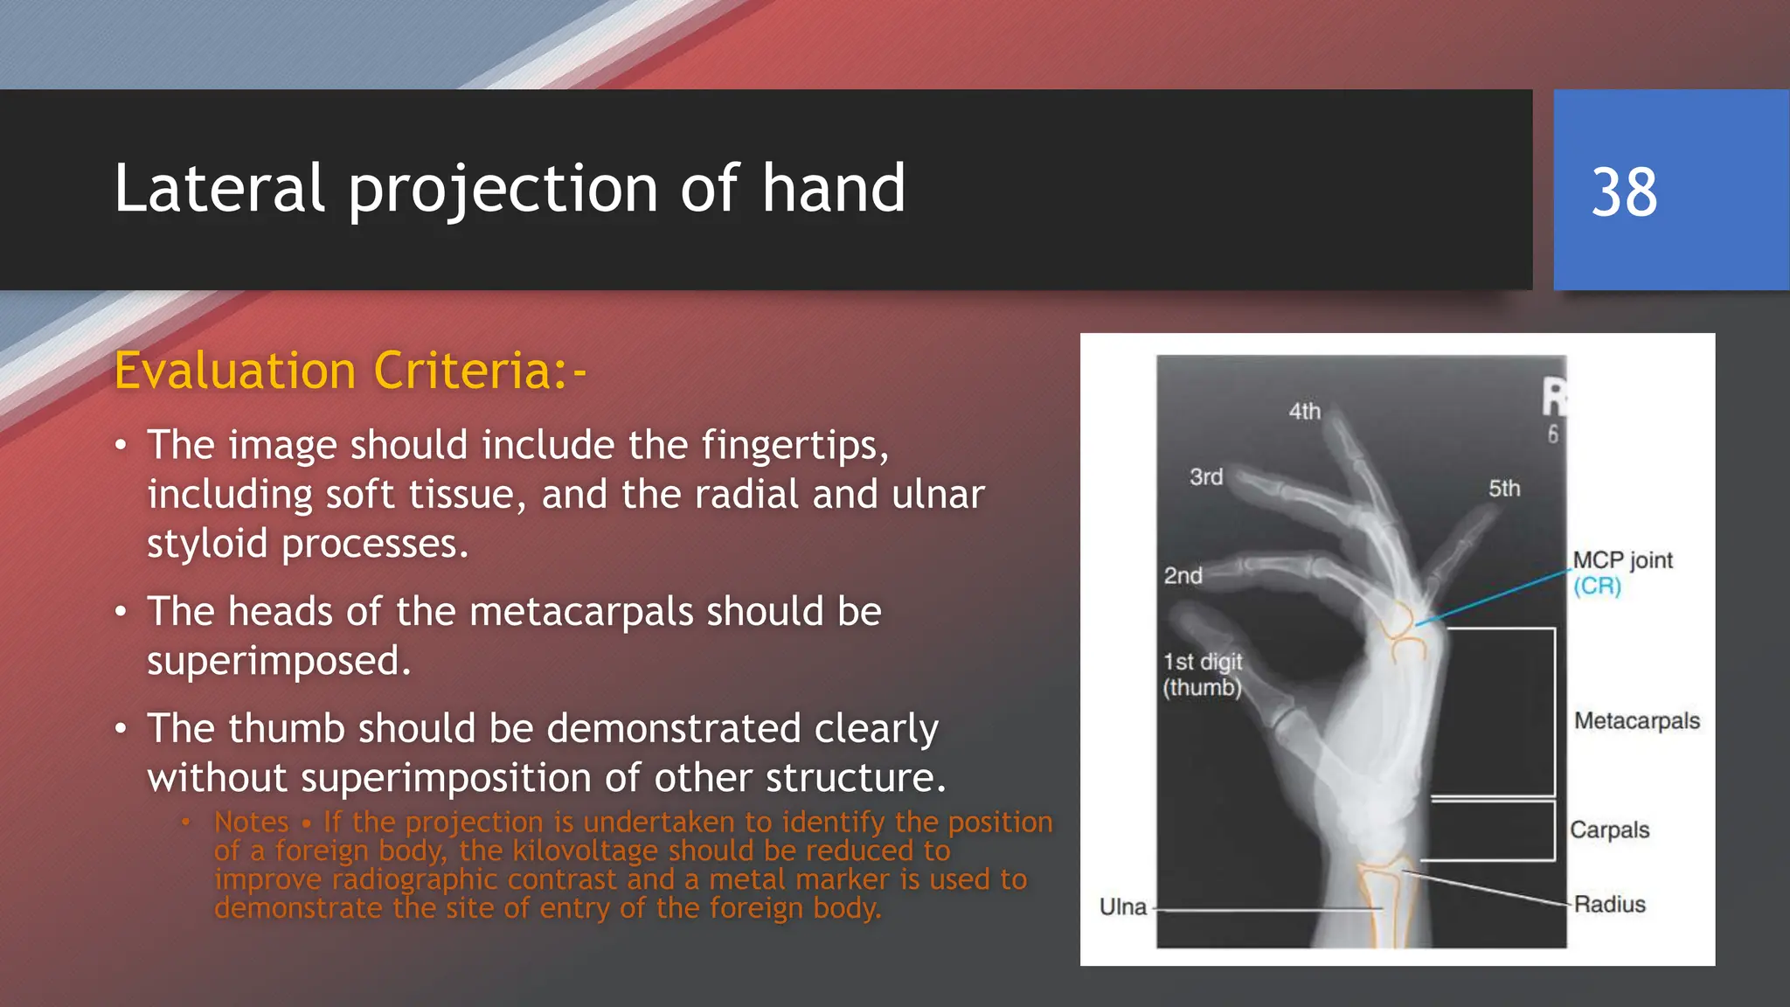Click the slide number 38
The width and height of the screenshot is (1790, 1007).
1623,191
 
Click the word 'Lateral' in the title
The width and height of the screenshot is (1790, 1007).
219,189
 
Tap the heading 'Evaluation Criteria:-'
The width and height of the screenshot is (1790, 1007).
350,371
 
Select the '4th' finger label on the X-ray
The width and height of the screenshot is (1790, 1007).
1304,411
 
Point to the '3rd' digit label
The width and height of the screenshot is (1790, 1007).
1205,476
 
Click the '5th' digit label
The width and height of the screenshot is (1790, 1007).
1503,488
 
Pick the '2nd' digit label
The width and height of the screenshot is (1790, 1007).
1183,575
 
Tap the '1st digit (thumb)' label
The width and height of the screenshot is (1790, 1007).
1202,674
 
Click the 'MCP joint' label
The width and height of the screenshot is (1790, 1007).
1622,560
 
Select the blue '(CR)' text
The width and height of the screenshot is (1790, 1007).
1597,586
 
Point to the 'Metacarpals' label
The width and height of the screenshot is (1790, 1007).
1636,721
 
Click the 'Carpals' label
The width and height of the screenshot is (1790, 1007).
1609,830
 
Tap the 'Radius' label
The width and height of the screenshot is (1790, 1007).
1609,904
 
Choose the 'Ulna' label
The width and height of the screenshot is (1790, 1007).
1122,906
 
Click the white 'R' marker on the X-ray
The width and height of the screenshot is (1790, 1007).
1553,397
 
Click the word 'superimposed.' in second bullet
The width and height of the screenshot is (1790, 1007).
278,660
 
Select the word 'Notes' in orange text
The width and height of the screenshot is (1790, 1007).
251,822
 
